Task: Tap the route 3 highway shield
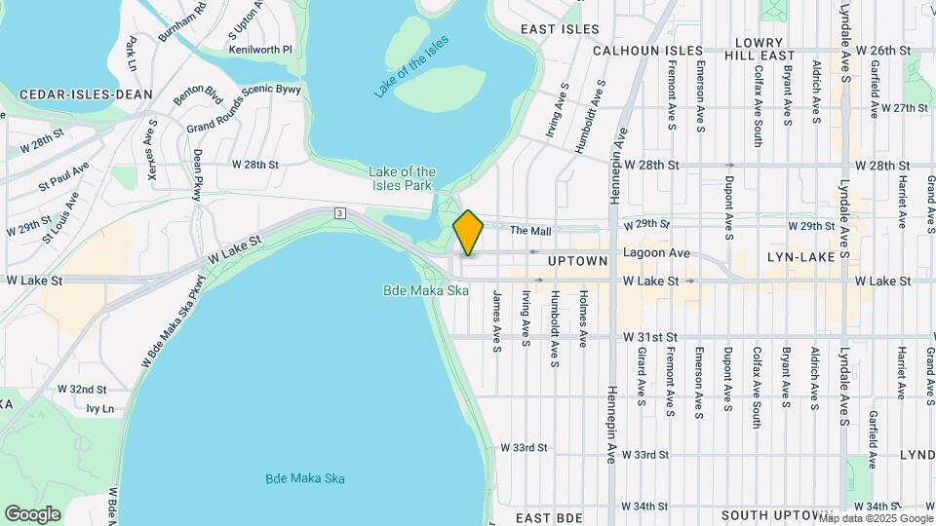(x=338, y=212)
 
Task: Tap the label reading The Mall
(x=531, y=231)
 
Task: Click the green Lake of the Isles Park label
(x=401, y=178)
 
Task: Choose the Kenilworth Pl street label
(x=260, y=49)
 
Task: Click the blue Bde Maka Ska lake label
(x=305, y=478)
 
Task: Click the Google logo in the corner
(x=32, y=513)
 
